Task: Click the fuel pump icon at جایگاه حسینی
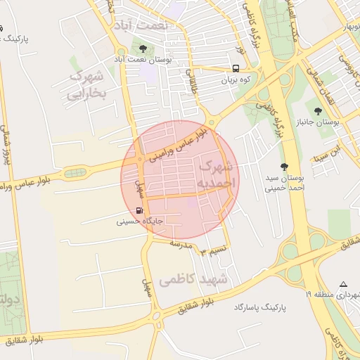pos(139,210)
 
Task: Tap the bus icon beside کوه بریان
pos(235,69)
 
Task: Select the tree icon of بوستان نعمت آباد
pos(143,49)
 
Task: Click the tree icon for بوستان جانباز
pos(319,110)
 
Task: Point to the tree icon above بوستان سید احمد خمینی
pos(284,167)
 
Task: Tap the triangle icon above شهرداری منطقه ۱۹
pos(343,285)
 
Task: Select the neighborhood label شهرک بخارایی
pos(87,84)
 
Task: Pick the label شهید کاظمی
pos(194,280)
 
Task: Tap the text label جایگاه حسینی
pos(140,221)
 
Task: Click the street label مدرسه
pos(181,243)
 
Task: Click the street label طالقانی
pos(189,82)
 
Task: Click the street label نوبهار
pos(345,27)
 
